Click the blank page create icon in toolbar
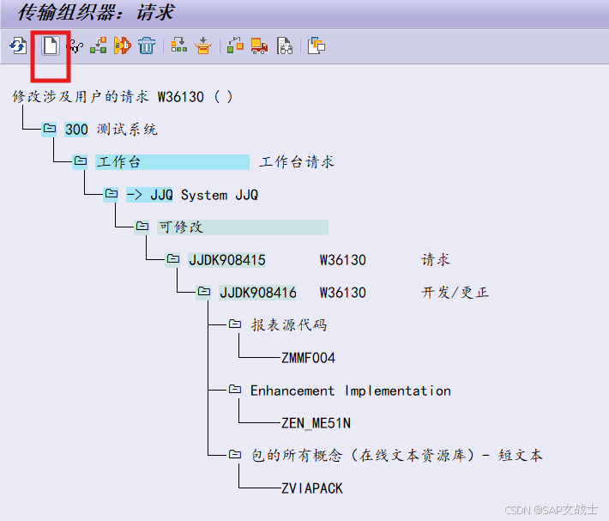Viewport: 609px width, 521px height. pyautogui.click(x=51, y=45)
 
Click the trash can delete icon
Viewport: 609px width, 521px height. pyautogui.click(x=147, y=45)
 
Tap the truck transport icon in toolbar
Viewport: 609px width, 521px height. pyautogui.click(x=259, y=45)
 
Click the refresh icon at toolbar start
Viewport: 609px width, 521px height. pyautogui.click(x=17, y=45)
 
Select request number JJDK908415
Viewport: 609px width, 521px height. pyautogui.click(x=226, y=259)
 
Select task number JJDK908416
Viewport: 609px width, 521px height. pyautogui.click(x=257, y=292)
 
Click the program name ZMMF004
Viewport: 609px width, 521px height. pyautogui.click(x=308, y=357)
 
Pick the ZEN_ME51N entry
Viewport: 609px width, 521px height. pyautogui.click(x=316, y=422)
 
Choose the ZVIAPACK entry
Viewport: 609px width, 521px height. pyautogui.click(x=311, y=488)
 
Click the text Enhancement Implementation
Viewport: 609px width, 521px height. pyautogui.click(x=350, y=391)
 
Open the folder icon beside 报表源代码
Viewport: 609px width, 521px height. pyautogui.click(x=234, y=324)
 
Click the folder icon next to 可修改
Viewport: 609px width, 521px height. pyautogui.click(x=142, y=227)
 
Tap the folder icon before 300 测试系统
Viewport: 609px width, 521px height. pyautogui.click(x=49, y=129)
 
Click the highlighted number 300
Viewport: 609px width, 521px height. pyautogui.click(x=76, y=129)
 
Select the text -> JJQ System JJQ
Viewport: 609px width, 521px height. pyautogui.click(x=192, y=195)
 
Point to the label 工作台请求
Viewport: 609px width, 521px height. pyautogui.click(x=297, y=161)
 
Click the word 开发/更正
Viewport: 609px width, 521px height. pyautogui.click(x=455, y=292)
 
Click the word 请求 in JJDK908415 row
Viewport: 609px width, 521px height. pyautogui.click(x=436, y=259)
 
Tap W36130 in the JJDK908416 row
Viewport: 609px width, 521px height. pyautogui.click(x=343, y=292)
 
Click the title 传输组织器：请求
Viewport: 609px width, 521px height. pyautogui.click(x=96, y=13)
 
